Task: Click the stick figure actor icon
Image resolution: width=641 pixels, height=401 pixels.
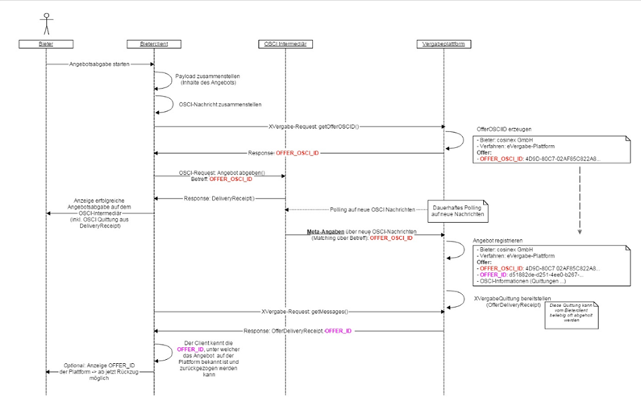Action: (x=46, y=19)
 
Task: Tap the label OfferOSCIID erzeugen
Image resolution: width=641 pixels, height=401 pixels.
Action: (x=501, y=128)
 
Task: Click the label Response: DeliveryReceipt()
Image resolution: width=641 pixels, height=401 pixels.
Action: (x=220, y=197)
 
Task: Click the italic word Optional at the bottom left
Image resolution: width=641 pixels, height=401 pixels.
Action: (x=78, y=365)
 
